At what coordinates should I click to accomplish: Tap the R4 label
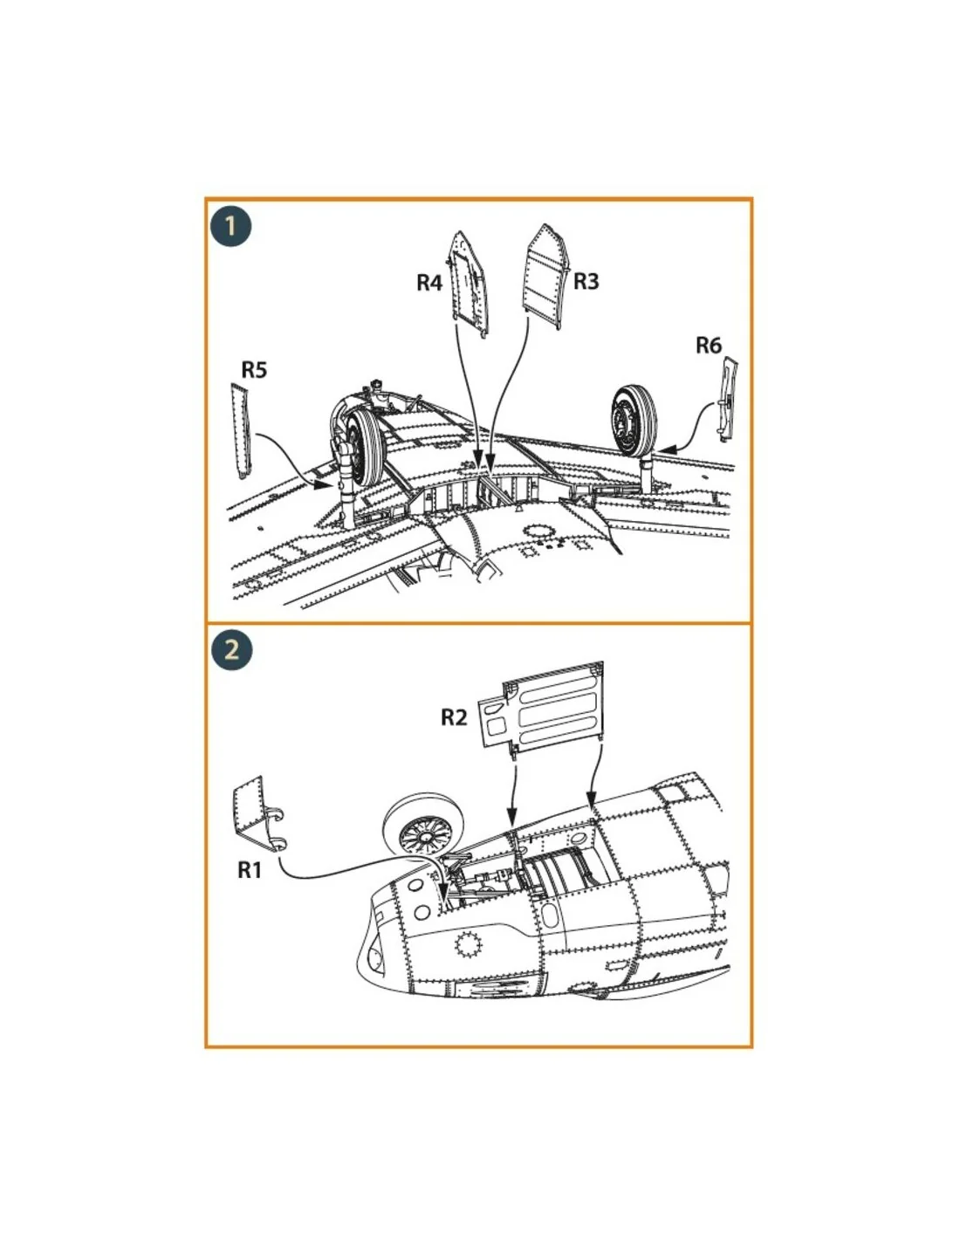click(429, 283)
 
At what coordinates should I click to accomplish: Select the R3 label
click(586, 281)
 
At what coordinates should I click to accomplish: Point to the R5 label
click(254, 369)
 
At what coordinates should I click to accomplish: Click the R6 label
click(708, 345)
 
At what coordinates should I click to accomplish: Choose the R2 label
click(454, 717)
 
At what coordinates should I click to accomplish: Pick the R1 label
click(250, 870)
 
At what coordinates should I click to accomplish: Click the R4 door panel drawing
click(470, 285)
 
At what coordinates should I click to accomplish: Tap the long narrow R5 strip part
click(241, 430)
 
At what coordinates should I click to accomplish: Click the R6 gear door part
click(726, 398)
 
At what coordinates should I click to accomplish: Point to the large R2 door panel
click(540, 708)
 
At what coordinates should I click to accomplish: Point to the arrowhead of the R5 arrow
click(324, 485)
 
